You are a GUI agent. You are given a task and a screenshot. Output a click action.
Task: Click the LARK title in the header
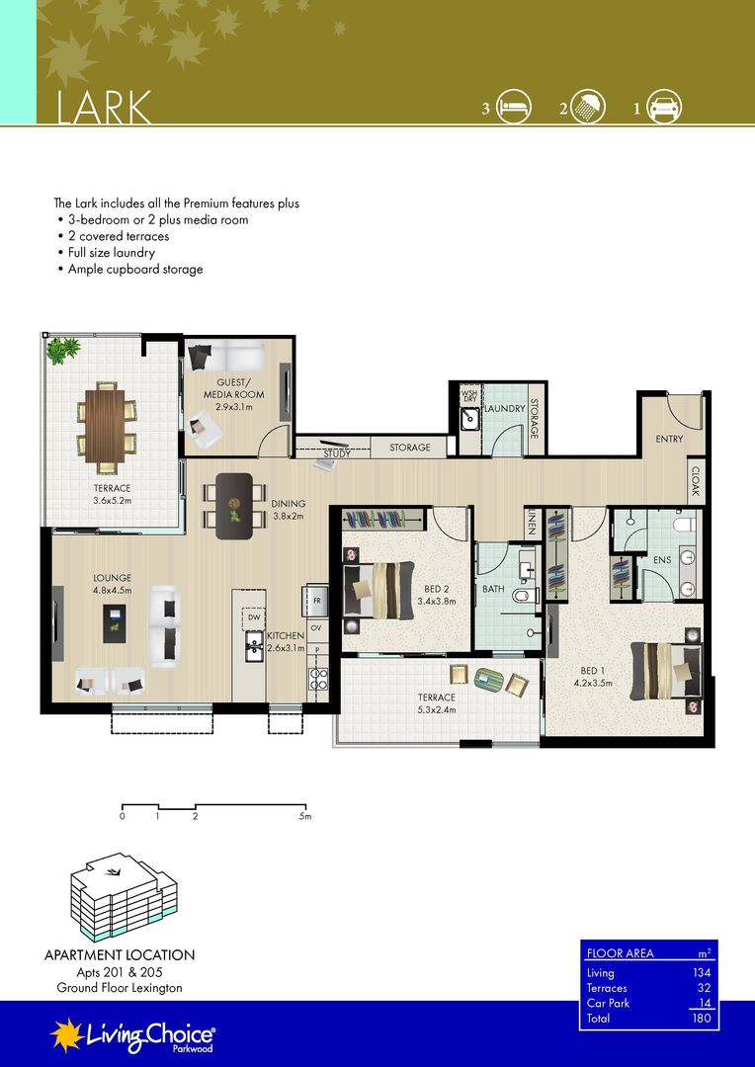pos(104,108)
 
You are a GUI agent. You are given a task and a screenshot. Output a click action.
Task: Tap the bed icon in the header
pos(513,107)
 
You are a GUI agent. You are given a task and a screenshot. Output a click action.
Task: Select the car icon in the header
pos(664,107)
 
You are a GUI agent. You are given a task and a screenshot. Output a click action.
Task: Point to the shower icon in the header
pos(588,107)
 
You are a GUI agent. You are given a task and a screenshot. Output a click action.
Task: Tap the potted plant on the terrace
pos(62,350)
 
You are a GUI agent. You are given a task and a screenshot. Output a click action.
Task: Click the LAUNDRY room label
pos(504,408)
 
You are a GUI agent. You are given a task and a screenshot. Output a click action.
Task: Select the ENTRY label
pos(669,439)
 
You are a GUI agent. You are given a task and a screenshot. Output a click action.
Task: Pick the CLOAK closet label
pos(696,480)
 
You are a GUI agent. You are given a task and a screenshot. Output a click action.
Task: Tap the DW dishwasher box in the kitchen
pos(254,617)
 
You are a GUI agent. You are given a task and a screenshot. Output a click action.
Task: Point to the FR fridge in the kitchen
pos(316,601)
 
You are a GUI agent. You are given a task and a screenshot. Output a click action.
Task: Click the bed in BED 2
pos(377,589)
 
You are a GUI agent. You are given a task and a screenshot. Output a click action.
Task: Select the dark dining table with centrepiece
pos(234,506)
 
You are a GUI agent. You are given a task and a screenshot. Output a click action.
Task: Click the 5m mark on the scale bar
pos(305,815)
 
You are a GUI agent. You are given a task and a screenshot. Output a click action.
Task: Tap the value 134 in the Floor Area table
pos(702,973)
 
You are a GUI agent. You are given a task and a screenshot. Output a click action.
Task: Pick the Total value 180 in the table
pos(702,1018)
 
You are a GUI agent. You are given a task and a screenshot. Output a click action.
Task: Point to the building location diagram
pos(124,897)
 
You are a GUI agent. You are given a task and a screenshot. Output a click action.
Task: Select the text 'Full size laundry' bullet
pos(111,253)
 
